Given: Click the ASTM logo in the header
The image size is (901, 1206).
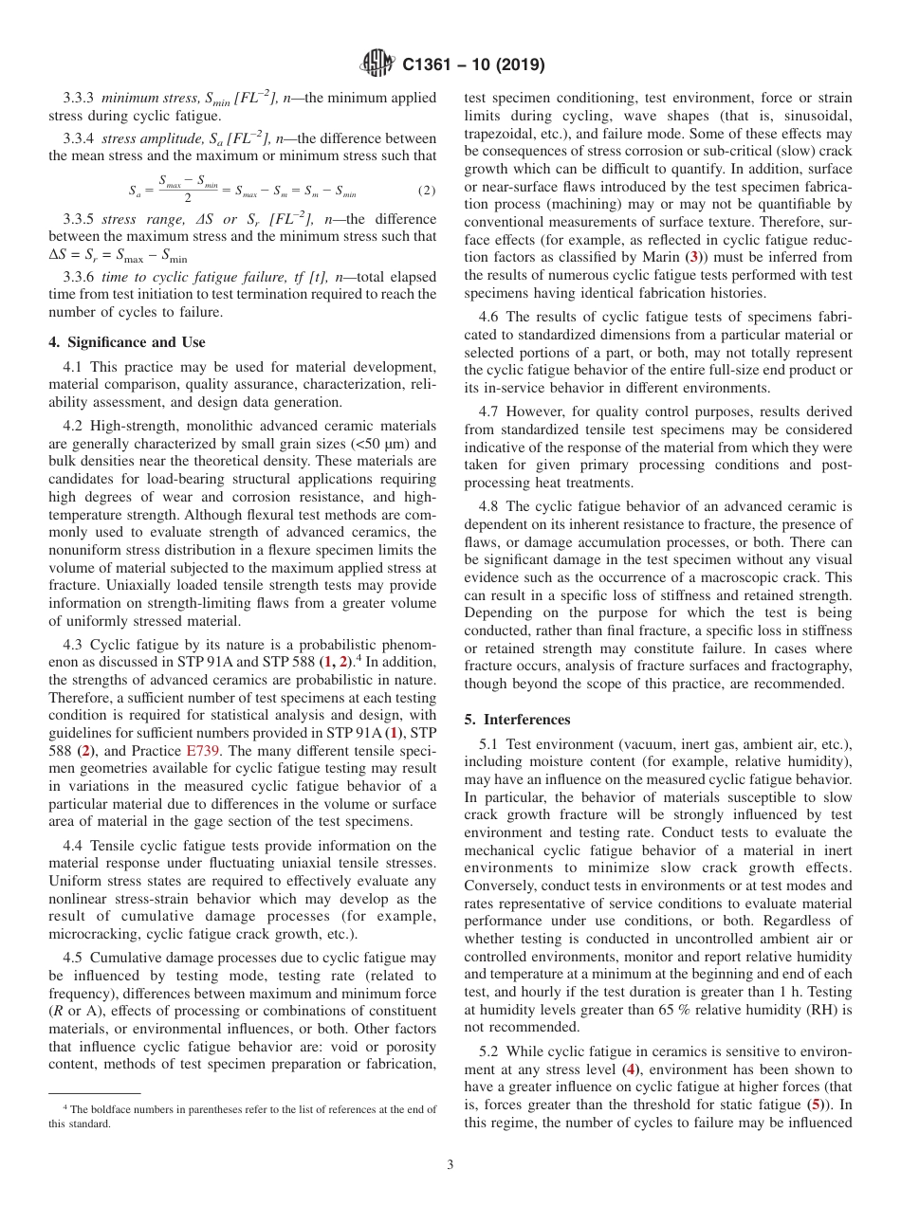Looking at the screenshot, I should tap(377, 65).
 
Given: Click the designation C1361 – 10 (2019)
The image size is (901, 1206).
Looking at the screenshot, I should tap(472, 65).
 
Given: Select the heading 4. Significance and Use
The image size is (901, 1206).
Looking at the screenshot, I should tap(126, 342).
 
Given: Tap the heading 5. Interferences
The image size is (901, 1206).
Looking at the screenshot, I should tap(517, 720).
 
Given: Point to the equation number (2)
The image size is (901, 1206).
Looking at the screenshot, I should tap(427, 191).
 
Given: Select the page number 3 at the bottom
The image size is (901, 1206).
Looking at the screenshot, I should tap(450, 1165).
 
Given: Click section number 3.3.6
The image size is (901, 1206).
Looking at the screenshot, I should tap(80, 278).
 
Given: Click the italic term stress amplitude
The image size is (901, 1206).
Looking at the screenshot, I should tap(144, 138).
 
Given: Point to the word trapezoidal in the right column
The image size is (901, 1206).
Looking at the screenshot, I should tap(506, 134).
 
